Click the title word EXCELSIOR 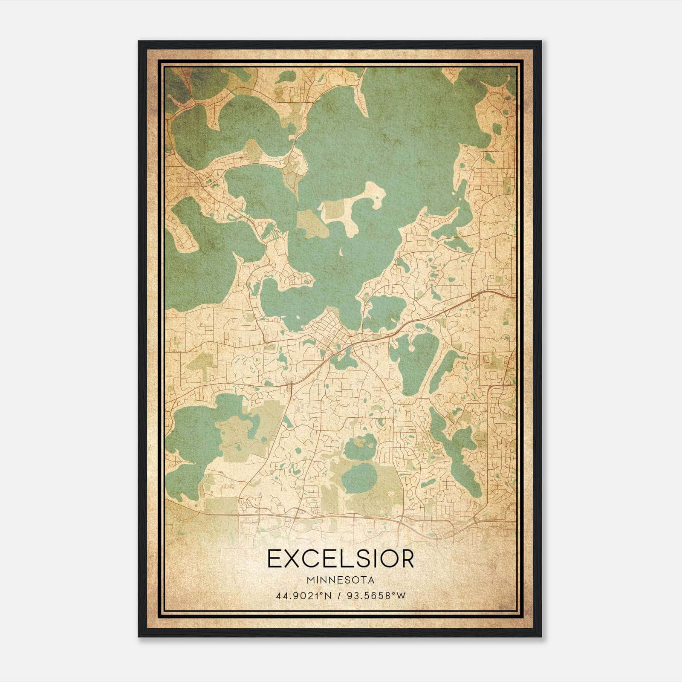341,559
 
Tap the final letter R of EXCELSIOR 407,559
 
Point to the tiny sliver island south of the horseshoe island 341,253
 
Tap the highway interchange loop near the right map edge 472,299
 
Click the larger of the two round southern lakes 361,477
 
